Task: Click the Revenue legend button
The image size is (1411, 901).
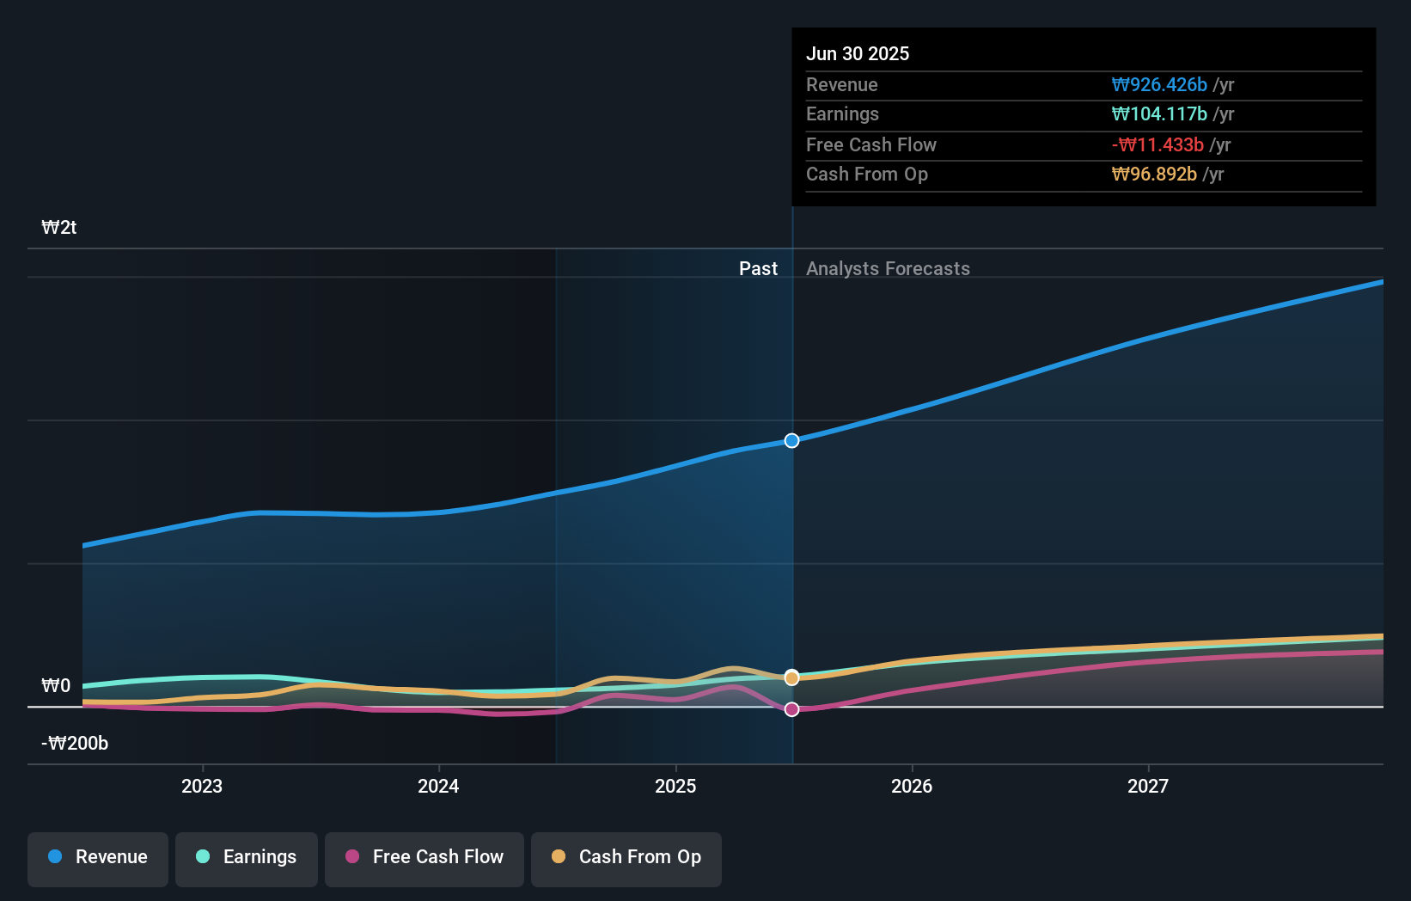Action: pos(98,857)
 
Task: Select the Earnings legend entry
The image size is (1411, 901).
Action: pos(247,857)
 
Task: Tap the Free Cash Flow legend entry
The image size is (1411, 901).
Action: pos(425,857)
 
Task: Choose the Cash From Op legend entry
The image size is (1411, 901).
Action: pos(626,857)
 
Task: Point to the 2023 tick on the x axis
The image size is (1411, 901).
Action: pos(202,786)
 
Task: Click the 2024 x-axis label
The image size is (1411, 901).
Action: pos(438,786)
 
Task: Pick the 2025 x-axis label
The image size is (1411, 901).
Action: pos(675,786)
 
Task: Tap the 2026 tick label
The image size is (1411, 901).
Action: pos(912,786)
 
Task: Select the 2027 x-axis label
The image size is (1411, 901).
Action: pos(1148,786)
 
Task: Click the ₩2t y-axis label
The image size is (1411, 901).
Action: pos(59,228)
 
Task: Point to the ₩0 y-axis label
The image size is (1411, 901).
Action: pos(56,686)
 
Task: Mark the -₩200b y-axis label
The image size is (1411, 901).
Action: pos(75,744)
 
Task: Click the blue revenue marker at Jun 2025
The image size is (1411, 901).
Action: pos(792,441)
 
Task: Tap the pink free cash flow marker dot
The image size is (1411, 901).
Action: pos(792,709)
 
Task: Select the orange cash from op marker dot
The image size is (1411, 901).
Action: pos(792,677)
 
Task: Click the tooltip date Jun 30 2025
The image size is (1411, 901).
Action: pos(858,54)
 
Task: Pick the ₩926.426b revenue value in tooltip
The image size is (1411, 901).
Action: pos(1159,85)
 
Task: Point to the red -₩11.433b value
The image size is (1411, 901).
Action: pos(1158,145)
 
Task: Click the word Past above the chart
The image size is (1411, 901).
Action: pos(758,269)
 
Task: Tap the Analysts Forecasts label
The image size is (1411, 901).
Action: pos(888,269)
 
